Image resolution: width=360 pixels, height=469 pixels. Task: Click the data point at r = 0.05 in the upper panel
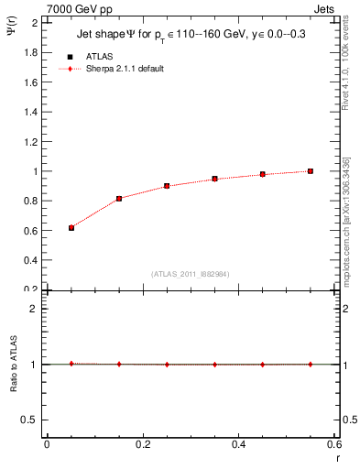[x=71, y=227]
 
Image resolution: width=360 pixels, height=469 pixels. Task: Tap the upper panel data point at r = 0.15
[x=119, y=198]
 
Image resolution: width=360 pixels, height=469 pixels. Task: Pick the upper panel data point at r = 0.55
[x=311, y=170]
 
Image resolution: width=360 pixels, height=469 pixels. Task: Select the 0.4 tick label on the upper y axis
[x=30, y=260]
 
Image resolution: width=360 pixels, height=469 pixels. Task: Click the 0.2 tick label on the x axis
[x=142, y=444]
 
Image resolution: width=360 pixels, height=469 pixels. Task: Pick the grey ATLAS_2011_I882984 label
[x=191, y=274]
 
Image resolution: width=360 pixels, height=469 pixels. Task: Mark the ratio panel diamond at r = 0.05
[x=71, y=364]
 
